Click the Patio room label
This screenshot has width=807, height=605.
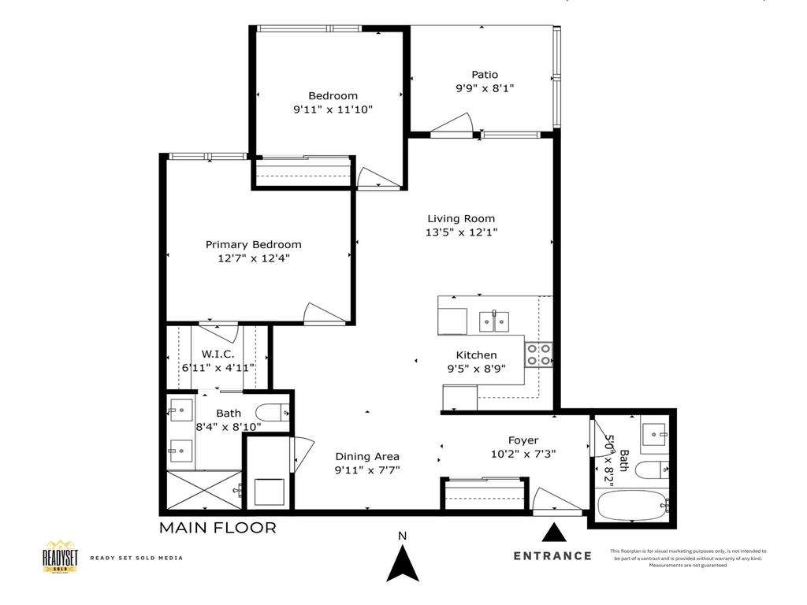tap(485, 75)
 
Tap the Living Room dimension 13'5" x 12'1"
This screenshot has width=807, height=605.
tap(462, 232)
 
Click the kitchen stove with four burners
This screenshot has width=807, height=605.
tap(540, 354)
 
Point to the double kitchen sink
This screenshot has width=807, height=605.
tap(494, 321)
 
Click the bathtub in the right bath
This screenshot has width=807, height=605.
tap(631, 505)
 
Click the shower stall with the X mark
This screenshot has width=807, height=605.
tap(204, 491)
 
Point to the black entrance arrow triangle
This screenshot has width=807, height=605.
tap(556, 533)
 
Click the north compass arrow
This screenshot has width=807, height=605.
tap(403, 562)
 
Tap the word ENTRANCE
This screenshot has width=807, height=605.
tap(552, 555)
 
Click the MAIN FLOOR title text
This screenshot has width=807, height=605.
tap(218, 528)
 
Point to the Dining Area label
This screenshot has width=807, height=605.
tap(367, 456)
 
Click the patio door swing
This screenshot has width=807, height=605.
tap(452, 124)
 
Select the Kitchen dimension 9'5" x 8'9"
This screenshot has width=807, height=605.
tap(477, 368)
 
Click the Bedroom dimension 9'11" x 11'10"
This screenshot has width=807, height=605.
tap(332, 109)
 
